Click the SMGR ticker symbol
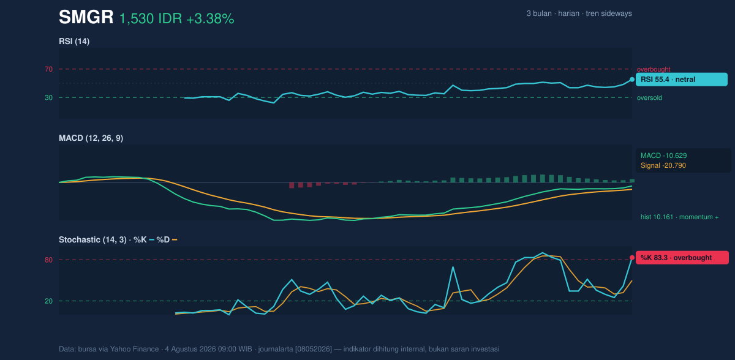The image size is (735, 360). [86, 17]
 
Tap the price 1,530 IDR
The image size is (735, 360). [151, 19]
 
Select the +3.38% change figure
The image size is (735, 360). [210, 19]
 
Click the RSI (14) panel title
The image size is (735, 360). [74, 41]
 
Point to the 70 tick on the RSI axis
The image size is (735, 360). [48, 69]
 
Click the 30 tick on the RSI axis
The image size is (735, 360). [48, 98]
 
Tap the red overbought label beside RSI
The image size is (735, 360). [654, 70]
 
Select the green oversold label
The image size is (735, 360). [649, 98]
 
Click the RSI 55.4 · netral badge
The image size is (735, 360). [682, 80]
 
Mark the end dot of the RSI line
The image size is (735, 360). [632, 80]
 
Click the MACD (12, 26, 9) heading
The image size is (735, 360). [91, 138]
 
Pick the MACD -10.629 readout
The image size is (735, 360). [663, 156]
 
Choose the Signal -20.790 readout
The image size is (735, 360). [663, 165]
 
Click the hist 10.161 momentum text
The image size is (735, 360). [679, 217]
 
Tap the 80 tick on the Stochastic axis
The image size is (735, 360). [48, 260]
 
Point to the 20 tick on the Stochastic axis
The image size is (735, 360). [48, 301]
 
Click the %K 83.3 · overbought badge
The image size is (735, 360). [682, 258]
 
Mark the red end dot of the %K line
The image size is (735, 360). [632, 258]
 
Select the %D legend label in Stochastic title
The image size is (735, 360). [163, 239]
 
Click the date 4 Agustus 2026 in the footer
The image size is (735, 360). [192, 349]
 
